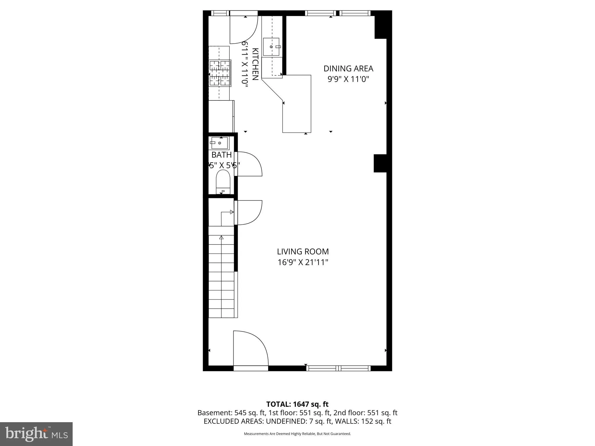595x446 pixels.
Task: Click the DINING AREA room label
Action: pyautogui.click(x=348, y=69)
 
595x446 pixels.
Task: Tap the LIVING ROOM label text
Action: pyautogui.click(x=303, y=251)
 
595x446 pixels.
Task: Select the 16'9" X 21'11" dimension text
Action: pyautogui.click(x=303, y=262)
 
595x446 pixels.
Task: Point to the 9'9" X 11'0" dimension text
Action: pyautogui.click(x=348, y=79)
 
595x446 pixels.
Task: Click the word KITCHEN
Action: pyautogui.click(x=255, y=64)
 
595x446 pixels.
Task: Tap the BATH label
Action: pyautogui.click(x=221, y=155)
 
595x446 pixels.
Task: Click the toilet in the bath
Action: pyautogui.click(x=223, y=181)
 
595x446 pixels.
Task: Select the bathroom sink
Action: pyautogui.click(x=219, y=143)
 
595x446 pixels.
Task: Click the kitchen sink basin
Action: pyautogui.click(x=271, y=47)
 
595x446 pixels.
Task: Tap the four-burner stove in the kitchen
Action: pyautogui.click(x=220, y=73)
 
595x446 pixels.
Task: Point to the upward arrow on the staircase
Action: pyautogui.click(x=221, y=238)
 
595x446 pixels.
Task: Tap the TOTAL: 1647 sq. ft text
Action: pyautogui.click(x=297, y=404)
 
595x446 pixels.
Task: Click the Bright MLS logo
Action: pyautogui.click(x=36, y=434)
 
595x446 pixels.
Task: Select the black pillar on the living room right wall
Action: pyautogui.click(x=380, y=163)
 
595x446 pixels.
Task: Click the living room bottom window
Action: pyautogui.click(x=338, y=368)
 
